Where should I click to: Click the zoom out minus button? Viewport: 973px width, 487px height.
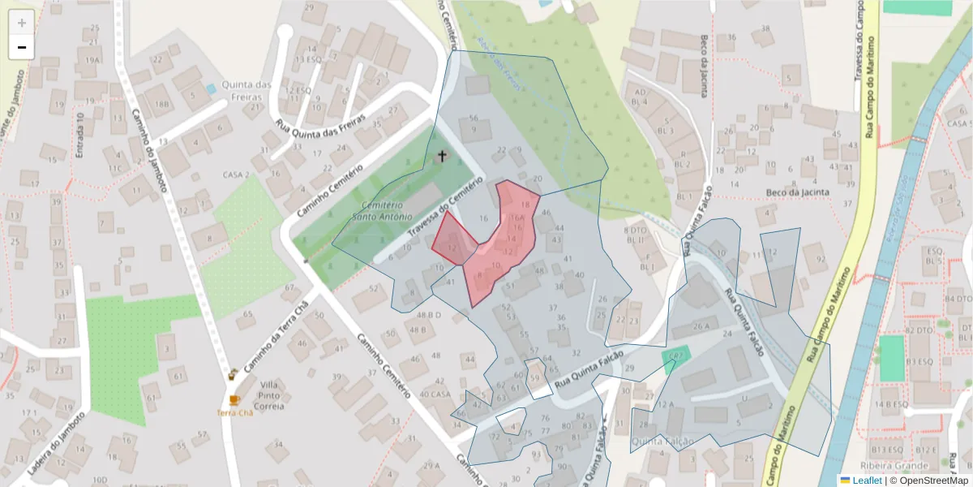[22, 47]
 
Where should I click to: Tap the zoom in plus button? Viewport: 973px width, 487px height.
[22, 23]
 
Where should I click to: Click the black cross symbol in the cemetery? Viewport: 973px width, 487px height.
[442, 155]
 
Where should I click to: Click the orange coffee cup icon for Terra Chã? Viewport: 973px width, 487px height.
[234, 400]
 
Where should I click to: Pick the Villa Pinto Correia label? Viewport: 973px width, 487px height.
[268, 395]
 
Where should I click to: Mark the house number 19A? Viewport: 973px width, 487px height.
[92, 60]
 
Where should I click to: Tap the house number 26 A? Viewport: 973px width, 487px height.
[701, 326]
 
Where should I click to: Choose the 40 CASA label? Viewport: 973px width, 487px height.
[435, 394]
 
